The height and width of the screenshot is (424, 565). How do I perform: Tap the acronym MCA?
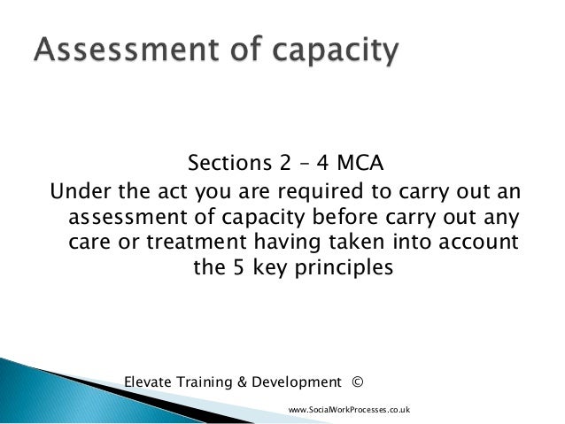359,166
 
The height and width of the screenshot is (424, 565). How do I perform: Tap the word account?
476,242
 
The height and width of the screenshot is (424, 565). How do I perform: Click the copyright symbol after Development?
357,382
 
